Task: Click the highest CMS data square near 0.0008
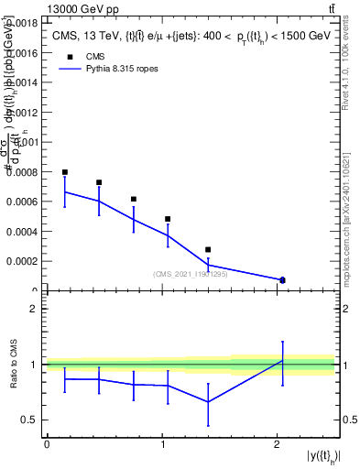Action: tap(65, 172)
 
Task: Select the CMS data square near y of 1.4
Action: tap(208, 249)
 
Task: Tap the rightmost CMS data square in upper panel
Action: tap(282, 279)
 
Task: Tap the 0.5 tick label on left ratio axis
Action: tap(34, 420)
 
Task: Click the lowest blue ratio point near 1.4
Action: tap(208, 401)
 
